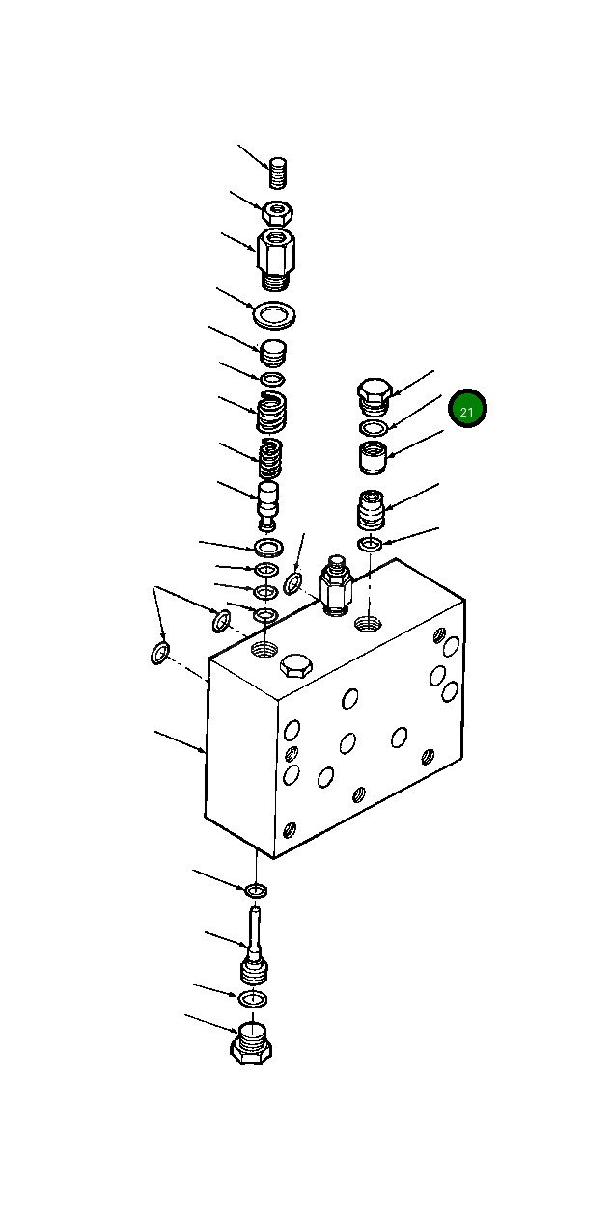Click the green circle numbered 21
pyautogui.click(x=467, y=411)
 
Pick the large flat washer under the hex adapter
pyautogui.click(x=273, y=314)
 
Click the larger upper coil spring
pyautogui.click(x=272, y=412)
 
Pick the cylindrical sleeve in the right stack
pyautogui.click(x=373, y=458)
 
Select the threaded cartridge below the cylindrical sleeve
pyautogui.click(x=372, y=510)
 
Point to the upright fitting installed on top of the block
pyautogui.click(x=334, y=585)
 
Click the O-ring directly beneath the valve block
pyautogui.click(x=256, y=888)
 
